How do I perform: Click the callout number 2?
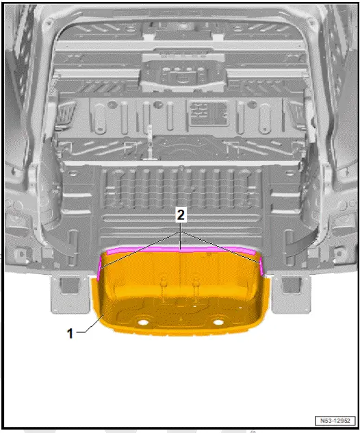181,215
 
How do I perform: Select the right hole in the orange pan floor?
218,321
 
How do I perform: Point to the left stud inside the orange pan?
165,282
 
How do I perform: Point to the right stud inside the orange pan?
196,282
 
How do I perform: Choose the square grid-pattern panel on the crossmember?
203,110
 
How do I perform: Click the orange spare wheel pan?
181,301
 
